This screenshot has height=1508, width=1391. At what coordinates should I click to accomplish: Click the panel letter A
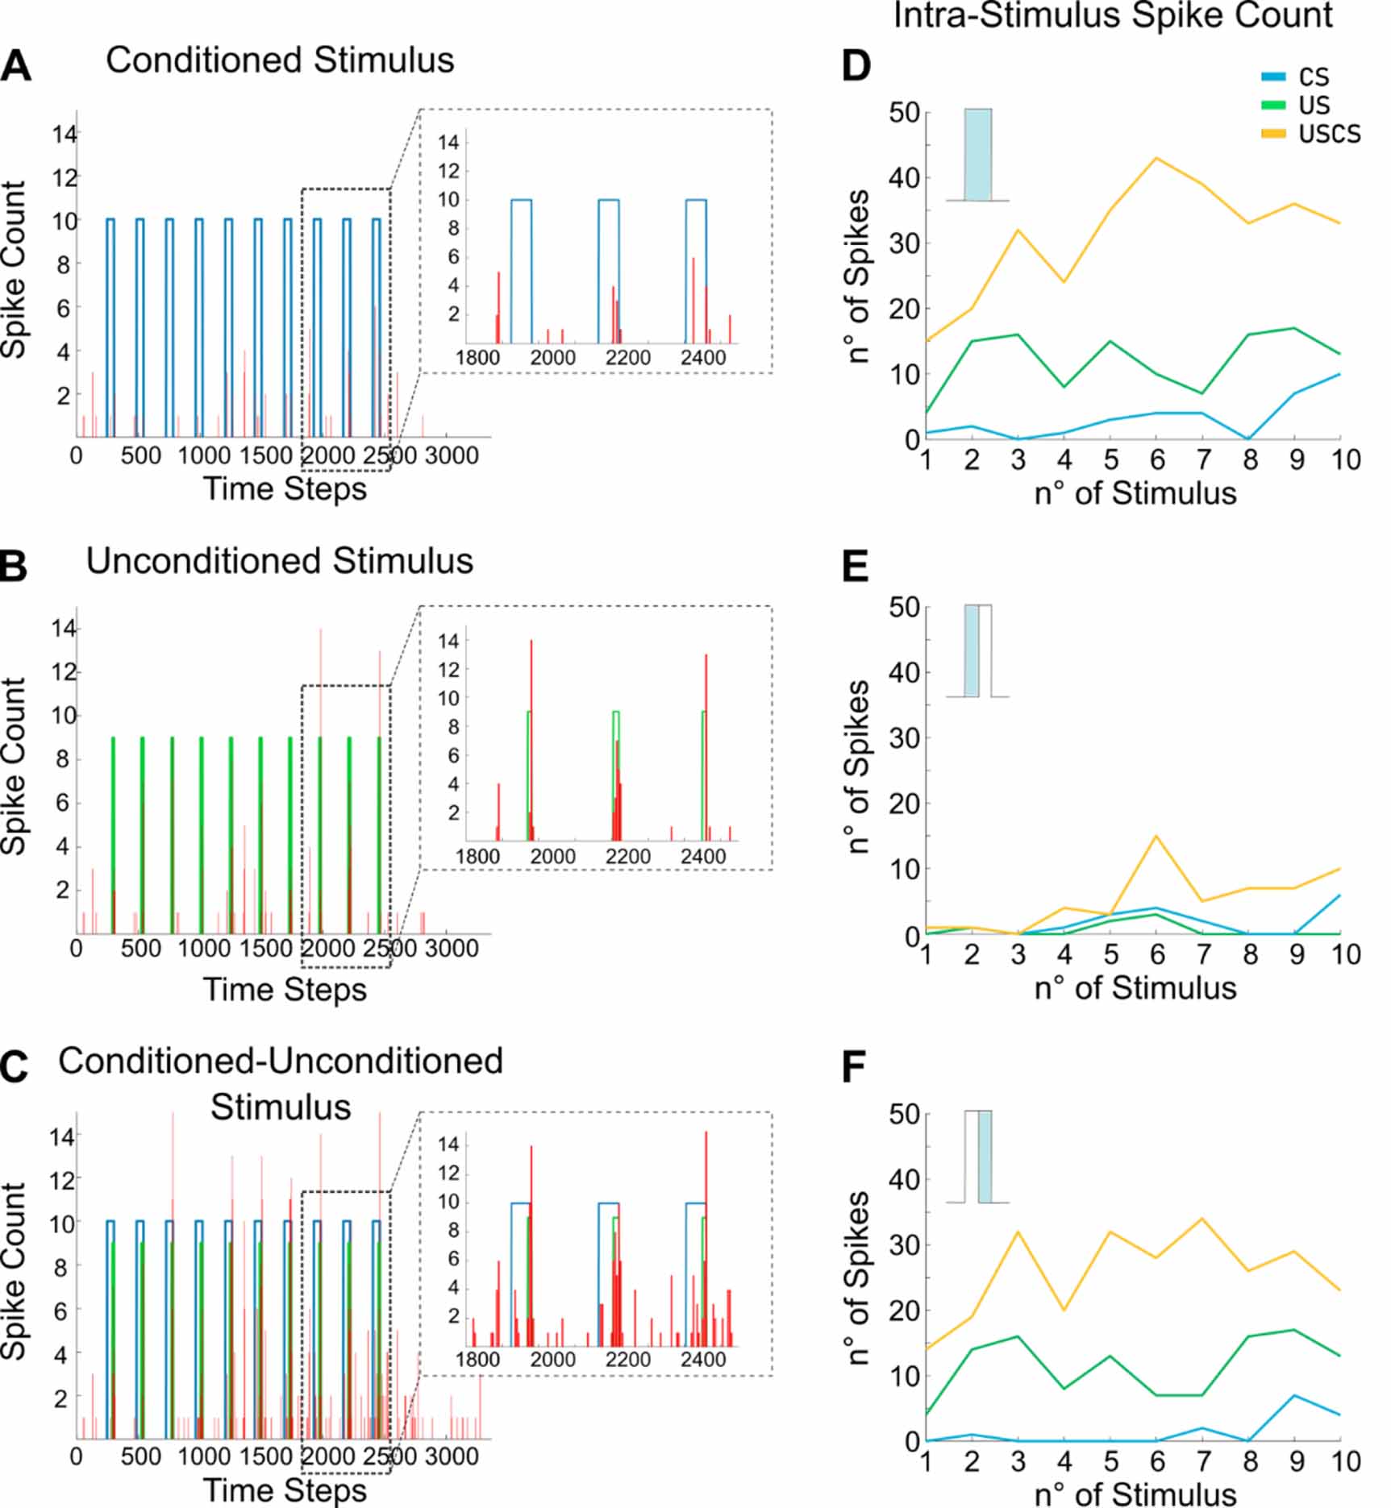click(16, 66)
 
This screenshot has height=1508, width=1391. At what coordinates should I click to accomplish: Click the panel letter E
click(855, 567)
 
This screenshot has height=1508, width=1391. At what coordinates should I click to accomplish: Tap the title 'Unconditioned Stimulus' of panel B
click(279, 561)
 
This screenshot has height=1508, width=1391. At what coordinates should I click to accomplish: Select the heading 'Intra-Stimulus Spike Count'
click(1113, 16)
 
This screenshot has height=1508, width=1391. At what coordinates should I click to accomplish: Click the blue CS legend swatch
click(1273, 77)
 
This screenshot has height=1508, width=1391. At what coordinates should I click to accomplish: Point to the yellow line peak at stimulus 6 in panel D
click(1157, 158)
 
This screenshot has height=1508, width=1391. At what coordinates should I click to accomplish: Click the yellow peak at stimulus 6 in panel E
click(1157, 836)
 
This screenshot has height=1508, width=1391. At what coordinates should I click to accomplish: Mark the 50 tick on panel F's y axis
click(904, 1115)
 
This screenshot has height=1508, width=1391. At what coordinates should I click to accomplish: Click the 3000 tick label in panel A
click(452, 456)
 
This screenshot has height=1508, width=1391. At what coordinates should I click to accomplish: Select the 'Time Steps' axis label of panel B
click(284, 989)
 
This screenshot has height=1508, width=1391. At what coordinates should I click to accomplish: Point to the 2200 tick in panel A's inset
click(627, 357)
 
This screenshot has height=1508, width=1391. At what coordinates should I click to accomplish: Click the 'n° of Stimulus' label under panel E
click(1135, 987)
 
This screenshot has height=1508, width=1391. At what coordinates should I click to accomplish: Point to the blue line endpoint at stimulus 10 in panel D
click(1340, 374)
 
